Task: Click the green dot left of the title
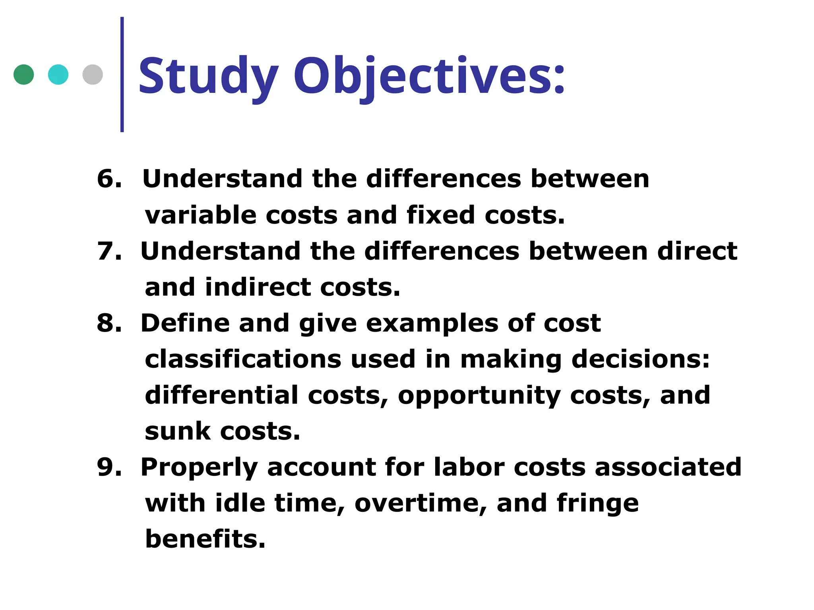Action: [x=23, y=74]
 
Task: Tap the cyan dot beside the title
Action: [x=58, y=74]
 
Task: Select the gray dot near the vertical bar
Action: [x=93, y=74]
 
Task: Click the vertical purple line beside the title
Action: [x=122, y=74]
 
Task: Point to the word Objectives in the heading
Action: [x=429, y=76]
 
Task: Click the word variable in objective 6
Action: [x=200, y=215]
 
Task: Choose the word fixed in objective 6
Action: [x=440, y=215]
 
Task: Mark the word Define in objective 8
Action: [x=185, y=323]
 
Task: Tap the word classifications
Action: [x=242, y=359]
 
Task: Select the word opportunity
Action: [x=479, y=396]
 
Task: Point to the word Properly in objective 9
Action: [x=199, y=467]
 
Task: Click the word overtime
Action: [x=421, y=503]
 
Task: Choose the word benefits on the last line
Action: [x=204, y=539]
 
